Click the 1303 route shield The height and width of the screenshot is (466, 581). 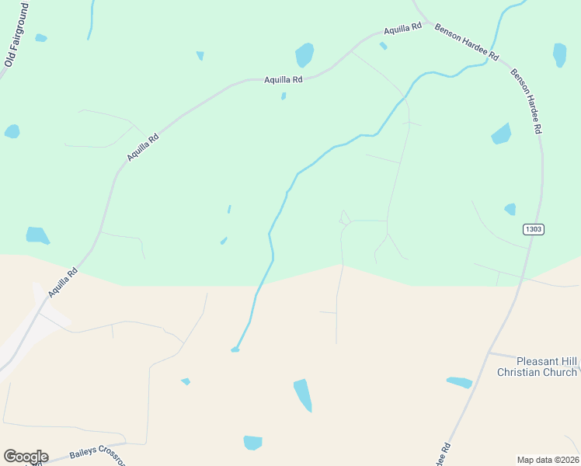coord(533,229)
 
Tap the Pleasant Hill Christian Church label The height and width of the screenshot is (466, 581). coord(537,367)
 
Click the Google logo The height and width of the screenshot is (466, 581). coord(26,457)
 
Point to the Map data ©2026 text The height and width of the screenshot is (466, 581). coord(548,460)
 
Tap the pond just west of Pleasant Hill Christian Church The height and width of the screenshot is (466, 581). coord(460,382)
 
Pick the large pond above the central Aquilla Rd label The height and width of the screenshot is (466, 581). coord(304,55)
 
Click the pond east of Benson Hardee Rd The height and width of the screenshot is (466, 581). coord(559,54)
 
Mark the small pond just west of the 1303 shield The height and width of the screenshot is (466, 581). coord(510,209)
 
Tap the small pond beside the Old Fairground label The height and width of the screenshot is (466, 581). coord(40,37)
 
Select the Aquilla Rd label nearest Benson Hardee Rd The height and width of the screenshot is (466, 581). coord(402,30)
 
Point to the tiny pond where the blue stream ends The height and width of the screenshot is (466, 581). coord(235,350)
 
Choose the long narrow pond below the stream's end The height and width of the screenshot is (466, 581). coord(303,395)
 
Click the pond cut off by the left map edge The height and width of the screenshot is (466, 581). coord(12,131)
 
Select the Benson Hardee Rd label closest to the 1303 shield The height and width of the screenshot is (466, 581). coord(526,102)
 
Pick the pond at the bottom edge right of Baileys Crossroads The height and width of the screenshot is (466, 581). coord(252,443)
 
